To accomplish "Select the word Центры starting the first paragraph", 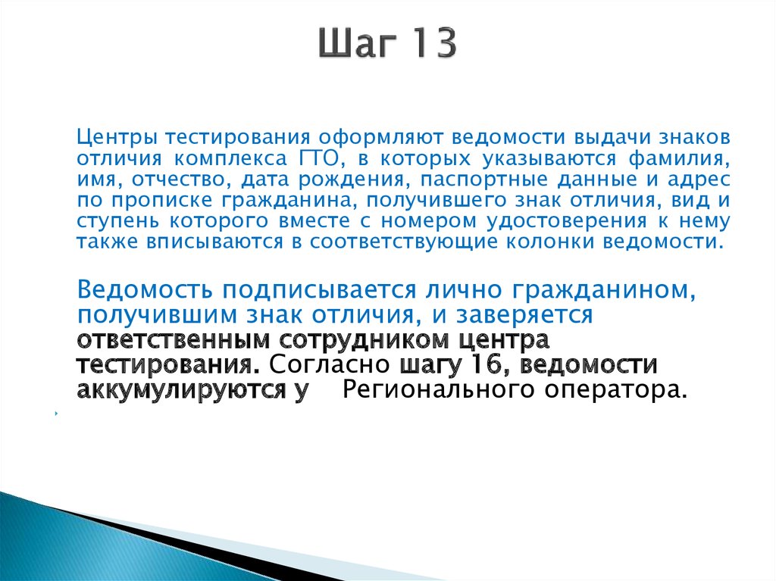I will [x=117, y=139].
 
